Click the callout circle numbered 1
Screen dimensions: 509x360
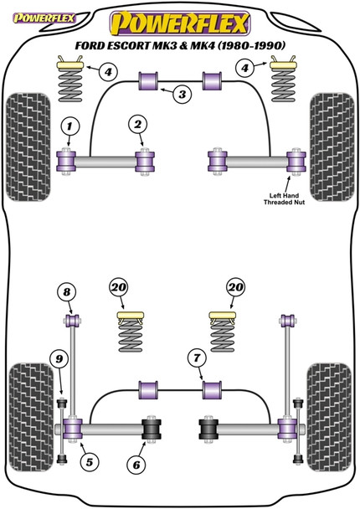click(x=69, y=126)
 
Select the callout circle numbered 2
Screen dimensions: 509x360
click(x=136, y=126)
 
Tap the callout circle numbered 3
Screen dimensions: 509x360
click(x=180, y=96)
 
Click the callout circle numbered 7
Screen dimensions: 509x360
click(x=196, y=358)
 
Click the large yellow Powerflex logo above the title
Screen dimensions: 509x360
click(x=180, y=19)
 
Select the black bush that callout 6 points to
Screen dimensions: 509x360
click(x=152, y=429)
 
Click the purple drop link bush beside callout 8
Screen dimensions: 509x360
click(x=73, y=320)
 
